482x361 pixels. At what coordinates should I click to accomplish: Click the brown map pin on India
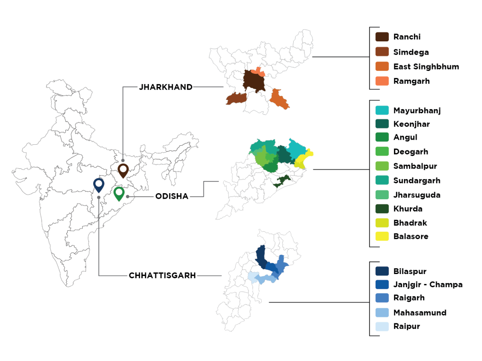[123, 170]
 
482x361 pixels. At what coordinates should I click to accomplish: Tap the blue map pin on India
[98, 185]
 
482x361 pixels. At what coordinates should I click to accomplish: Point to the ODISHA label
[172, 196]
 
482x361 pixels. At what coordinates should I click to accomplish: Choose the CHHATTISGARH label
[162, 275]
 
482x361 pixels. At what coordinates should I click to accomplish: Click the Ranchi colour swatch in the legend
[382, 37]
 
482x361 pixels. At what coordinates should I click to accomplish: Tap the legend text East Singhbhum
[426, 66]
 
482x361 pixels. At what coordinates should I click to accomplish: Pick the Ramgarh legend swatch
[382, 81]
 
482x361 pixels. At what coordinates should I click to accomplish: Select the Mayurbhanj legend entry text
[417, 110]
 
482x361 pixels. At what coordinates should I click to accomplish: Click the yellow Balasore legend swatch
[382, 236]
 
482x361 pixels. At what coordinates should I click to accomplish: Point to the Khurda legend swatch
[382, 209]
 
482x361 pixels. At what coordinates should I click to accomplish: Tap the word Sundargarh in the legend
[417, 180]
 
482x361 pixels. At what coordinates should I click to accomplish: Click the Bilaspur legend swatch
[382, 271]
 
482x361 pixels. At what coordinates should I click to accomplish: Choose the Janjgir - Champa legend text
[427, 284]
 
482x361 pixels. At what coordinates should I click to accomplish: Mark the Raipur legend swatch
[382, 326]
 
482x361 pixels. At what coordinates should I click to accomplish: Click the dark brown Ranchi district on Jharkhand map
[254, 83]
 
